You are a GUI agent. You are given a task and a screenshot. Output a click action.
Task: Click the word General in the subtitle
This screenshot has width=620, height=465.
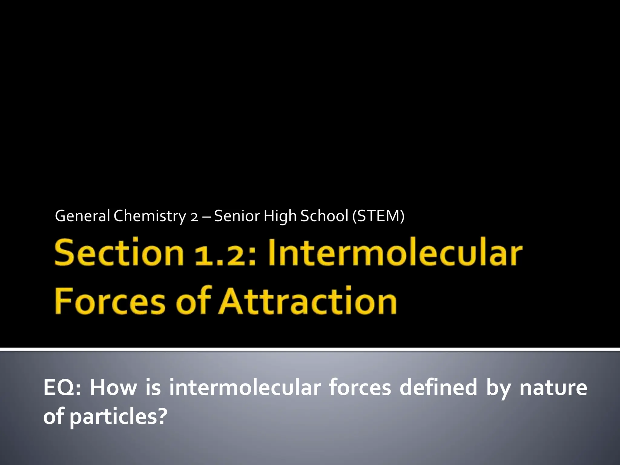[x=82, y=216]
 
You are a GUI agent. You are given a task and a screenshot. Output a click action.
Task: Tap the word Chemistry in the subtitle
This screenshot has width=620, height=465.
[x=150, y=216]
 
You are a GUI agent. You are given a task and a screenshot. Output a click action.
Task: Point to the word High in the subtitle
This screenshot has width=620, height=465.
[x=280, y=216]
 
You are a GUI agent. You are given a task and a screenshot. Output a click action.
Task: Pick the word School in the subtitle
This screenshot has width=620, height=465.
[x=324, y=216]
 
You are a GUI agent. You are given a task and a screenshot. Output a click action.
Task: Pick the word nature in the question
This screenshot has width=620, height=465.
[x=553, y=388]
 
